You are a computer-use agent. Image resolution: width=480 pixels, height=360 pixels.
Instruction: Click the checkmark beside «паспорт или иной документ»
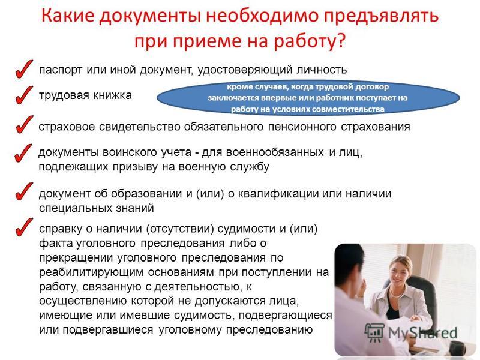(x=23, y=69)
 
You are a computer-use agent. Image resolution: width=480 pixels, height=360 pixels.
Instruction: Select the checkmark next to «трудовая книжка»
(x=23, y=95)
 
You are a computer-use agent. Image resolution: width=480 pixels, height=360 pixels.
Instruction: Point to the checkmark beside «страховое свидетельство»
(x=23, y=124)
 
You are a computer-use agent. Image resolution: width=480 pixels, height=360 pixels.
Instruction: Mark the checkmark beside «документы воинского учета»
(x=23, y=152)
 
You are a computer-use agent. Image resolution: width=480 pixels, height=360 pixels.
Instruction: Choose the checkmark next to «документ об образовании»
(x=23, y=191)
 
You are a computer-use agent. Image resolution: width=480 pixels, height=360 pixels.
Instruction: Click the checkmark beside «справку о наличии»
(x=23, y=227)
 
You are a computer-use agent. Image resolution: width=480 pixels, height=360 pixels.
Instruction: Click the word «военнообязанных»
(x=275, y=152)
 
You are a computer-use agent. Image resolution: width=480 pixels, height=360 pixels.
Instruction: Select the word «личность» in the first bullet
(x=322, y=70)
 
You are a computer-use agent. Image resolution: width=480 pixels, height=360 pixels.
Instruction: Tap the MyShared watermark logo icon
(x=374, y=332)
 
